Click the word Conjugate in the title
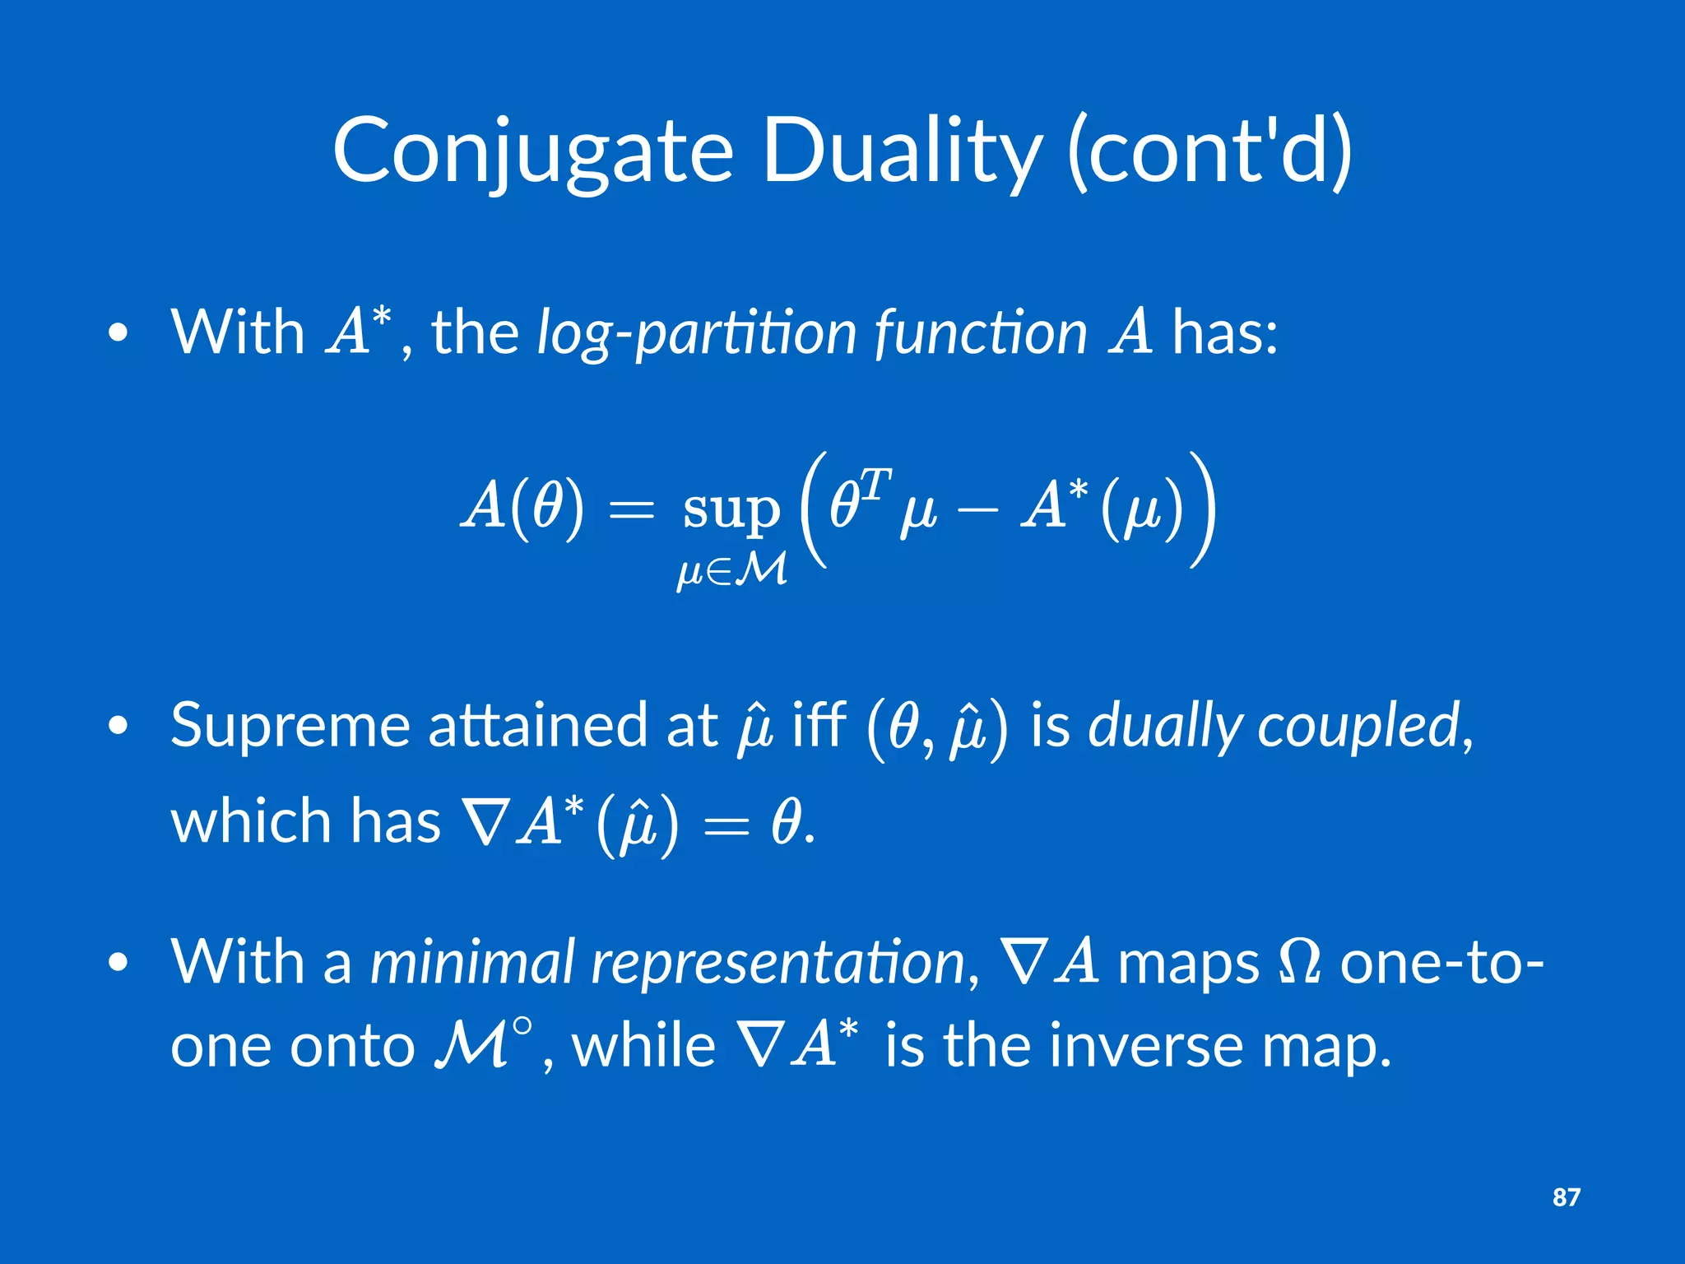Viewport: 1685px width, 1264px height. pos(532,152)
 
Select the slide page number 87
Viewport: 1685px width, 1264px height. pos(1566,1197)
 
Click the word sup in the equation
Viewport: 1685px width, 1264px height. pos(731,509)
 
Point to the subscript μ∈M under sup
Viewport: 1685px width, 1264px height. pos(731,569)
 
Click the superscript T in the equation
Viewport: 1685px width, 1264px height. pos(877,485)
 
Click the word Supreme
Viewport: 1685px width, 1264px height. pos(290,726)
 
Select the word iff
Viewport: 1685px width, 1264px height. pos(819,726)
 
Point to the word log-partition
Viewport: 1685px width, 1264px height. pos(697,333)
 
